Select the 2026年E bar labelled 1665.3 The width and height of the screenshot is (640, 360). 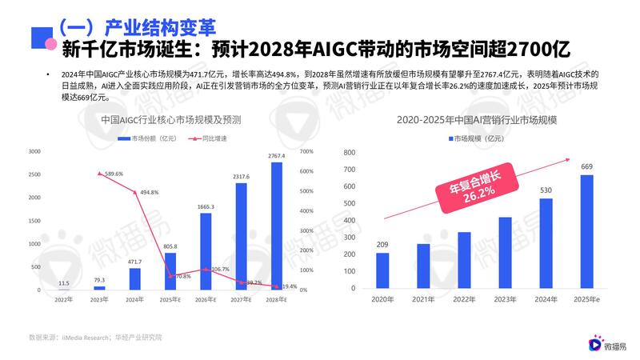click(x=206, y=251)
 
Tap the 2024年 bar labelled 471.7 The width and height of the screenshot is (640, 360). click(x=135, y=278)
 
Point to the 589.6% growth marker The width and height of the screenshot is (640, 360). click(x=99, y=174)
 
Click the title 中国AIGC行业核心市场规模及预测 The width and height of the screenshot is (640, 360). click(x=170, y=120)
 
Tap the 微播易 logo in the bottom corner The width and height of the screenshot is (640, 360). click(x=606, y=345)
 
